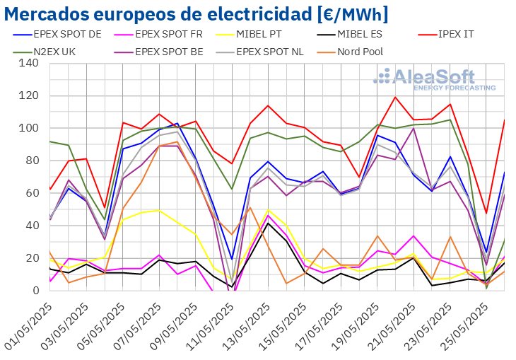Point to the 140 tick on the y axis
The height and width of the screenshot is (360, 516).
29,63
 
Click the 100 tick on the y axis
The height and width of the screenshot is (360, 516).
29,128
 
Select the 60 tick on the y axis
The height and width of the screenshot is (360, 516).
32,193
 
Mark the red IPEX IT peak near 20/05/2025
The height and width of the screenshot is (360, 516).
395,97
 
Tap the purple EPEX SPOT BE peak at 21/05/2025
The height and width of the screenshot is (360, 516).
414,128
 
